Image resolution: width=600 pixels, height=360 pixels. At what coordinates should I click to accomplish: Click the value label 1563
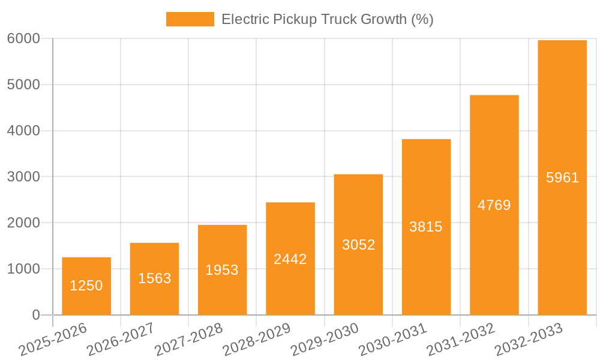click(x=155, y=278)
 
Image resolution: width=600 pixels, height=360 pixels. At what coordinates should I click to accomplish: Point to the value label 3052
click(x=358, y=245)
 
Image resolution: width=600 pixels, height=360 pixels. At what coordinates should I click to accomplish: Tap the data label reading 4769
click(x=494, y=205)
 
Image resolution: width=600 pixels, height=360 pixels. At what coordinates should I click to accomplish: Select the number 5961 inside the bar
click(x=562, y=178)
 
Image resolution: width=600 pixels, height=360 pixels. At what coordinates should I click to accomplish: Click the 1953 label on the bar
click(x=222, y=270)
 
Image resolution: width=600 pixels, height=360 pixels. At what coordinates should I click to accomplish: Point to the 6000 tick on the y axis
click(x=23, y=39)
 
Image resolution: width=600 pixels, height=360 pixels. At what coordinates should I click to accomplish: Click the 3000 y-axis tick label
click(x=23, y=177)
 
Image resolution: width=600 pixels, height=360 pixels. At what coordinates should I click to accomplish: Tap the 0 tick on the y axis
click(x=35, y=315)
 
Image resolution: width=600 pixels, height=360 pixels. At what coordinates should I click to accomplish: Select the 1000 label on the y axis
click(x=23, y=269)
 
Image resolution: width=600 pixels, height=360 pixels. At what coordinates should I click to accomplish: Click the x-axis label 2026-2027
click(x=120, y=340)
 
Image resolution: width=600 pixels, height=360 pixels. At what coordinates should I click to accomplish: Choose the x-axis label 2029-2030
click(x=324, y=340)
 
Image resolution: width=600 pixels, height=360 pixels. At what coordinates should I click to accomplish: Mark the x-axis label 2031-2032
click(x=460, y=340)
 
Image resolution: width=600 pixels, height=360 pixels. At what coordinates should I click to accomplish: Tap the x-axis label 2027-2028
click(x=188, y=340)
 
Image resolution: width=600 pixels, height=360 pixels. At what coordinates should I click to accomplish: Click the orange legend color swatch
click(x=190, y=19)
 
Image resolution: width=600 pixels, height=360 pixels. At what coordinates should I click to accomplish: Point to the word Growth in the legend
click(x=385, y=19)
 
